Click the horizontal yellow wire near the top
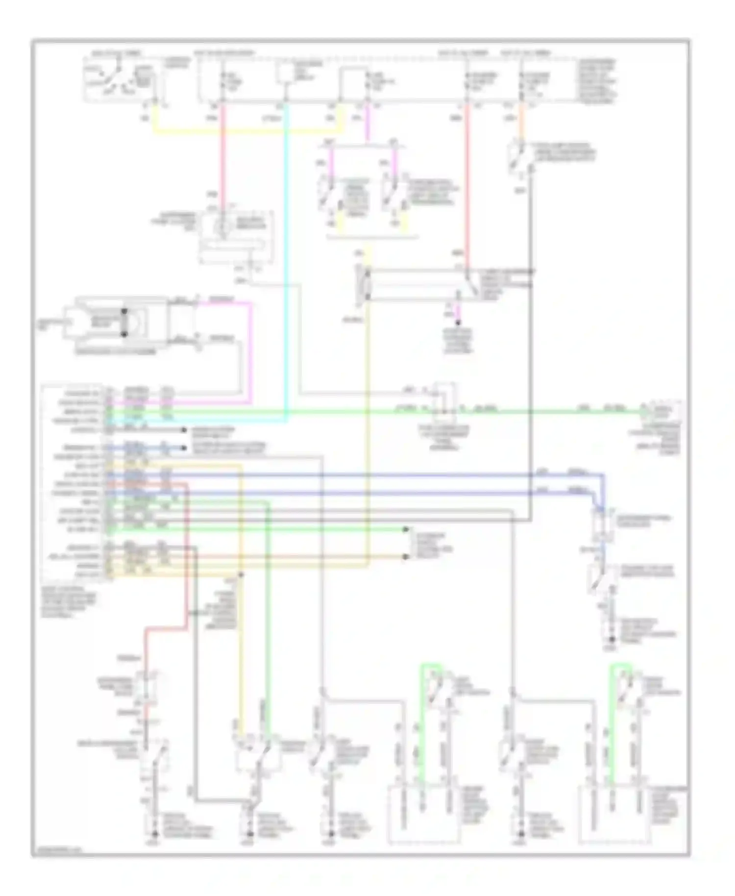(245, 132)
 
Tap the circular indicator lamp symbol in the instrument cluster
(221, 226)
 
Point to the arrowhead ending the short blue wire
(184, 448)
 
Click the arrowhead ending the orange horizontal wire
(406, 557)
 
